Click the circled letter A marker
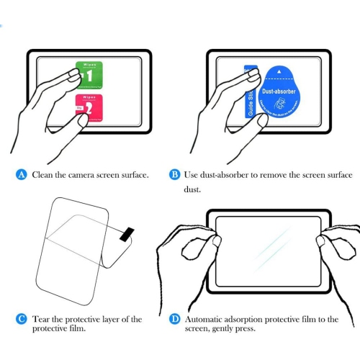point(22,175)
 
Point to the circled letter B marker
point(174,175)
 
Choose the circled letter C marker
point(22,318)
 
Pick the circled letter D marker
point(174,318)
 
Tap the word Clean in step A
point(44,175)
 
